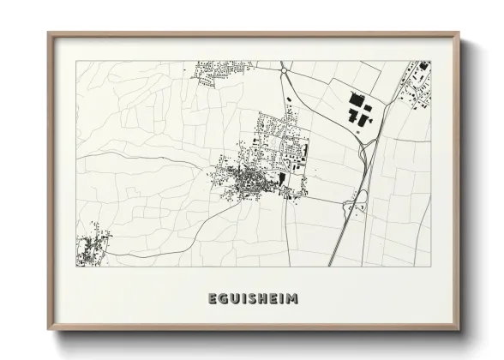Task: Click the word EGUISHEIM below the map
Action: [x=253, y=298]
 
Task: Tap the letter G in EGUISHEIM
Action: [x=225, y=298]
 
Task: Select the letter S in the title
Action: [x=253, y=298]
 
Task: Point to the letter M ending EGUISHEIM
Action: [x=294, y=298]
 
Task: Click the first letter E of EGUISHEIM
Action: [x=213, y=298]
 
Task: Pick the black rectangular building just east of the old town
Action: [x=282, y=178]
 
